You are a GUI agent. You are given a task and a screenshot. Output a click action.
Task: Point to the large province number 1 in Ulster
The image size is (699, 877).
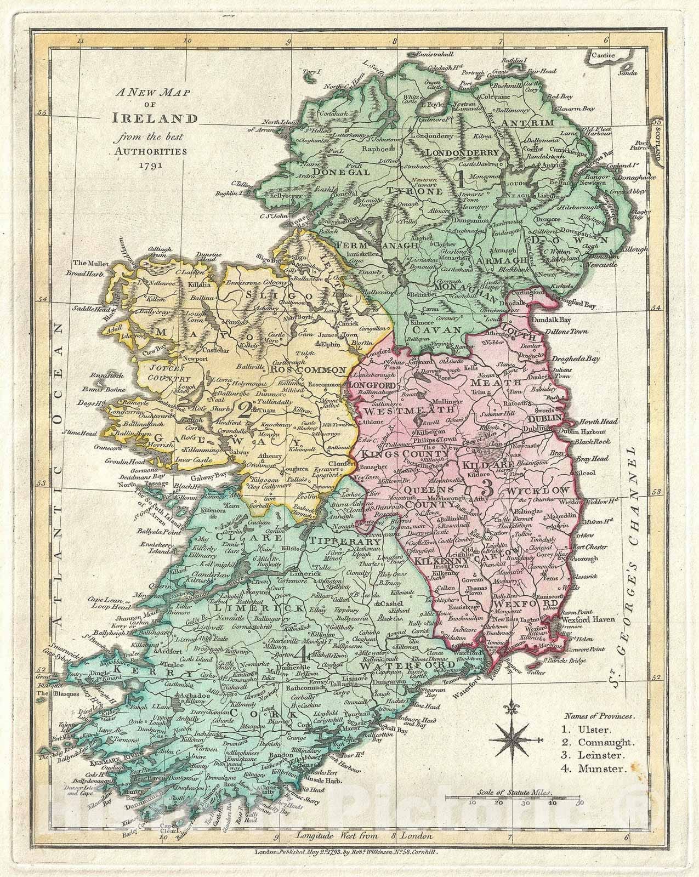tap(462, 179)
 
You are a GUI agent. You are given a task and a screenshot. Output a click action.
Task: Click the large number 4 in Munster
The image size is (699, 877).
tap(300, 652)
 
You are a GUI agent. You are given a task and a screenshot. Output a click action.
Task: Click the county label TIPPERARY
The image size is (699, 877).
tap(353, 540)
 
